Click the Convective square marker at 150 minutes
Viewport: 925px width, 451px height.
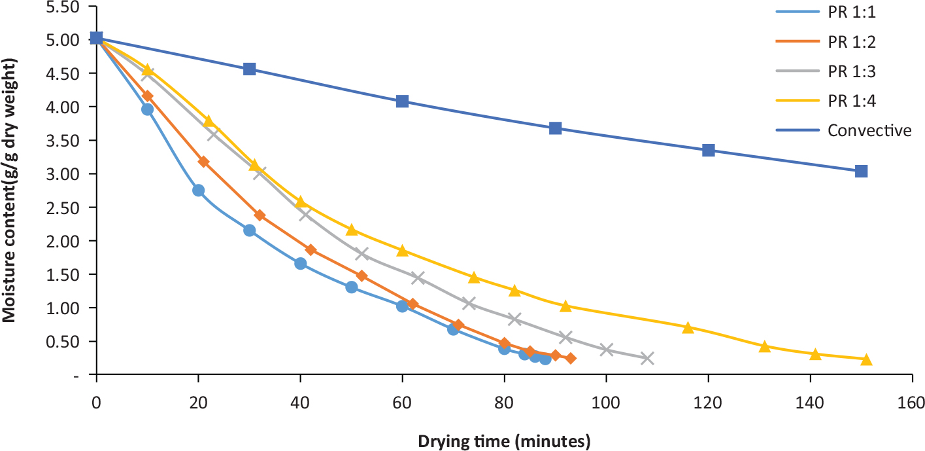861,171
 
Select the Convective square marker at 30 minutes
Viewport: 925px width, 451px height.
249,69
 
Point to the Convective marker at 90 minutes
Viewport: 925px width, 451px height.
555,128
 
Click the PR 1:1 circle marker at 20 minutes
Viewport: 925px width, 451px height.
198,190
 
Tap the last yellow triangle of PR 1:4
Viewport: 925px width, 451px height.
866,359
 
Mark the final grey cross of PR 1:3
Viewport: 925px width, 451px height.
647,358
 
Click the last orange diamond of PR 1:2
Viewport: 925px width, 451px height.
571,358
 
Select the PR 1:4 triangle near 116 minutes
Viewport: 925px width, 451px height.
688,327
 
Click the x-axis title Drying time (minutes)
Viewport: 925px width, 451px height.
504,441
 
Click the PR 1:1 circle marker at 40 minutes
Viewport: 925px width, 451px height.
300,263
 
